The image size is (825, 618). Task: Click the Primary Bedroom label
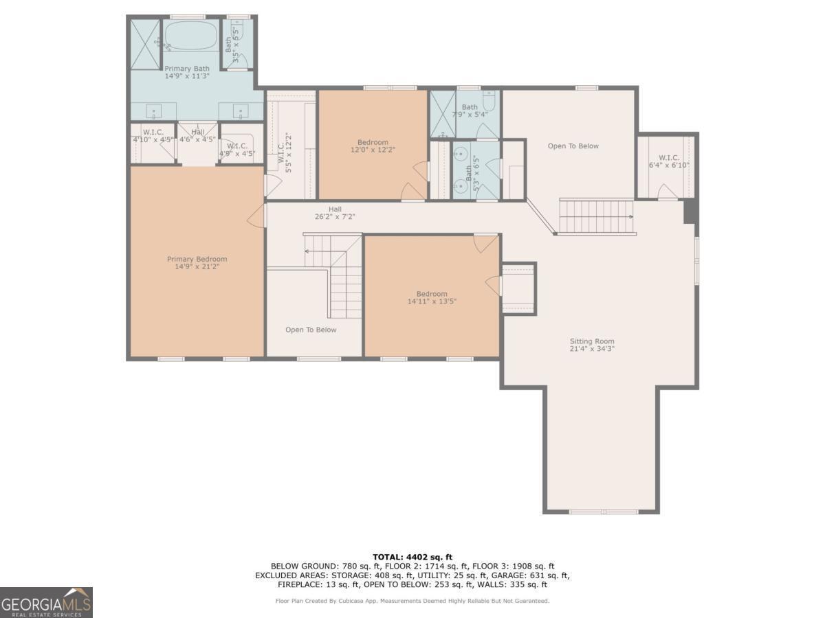[197, 259]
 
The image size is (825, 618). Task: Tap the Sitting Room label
[592, 341]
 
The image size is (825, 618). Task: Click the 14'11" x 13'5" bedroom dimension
[432, 301]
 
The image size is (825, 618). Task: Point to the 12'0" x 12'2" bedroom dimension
[373, 150]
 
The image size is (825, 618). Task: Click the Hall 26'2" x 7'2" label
[335, 213]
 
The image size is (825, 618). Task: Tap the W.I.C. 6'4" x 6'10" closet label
[669, 161]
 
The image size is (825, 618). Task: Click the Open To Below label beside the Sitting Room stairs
[573, 146]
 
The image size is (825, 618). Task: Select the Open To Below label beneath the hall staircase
[311, 330]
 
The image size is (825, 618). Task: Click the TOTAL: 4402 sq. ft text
[412, 557]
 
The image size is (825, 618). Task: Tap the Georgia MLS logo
[46, 602]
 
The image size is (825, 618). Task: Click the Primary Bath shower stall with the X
[145, 44]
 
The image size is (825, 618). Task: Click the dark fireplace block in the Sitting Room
[690, 211]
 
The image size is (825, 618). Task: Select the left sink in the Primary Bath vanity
[153, 111]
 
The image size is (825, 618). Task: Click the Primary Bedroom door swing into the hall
[256, 216]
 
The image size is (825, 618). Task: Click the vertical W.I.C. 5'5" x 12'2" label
[285, 152]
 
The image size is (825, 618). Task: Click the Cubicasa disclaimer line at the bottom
[412, 601]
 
